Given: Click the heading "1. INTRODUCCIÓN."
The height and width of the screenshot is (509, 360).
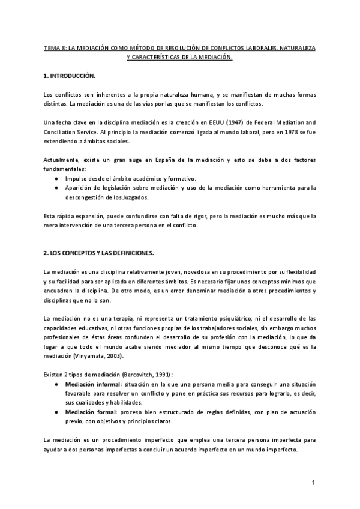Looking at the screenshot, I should pos(70,77).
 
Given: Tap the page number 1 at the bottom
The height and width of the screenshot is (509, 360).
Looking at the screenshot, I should pos(314,483).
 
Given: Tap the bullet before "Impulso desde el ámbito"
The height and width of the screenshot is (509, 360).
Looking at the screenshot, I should pos(56,179).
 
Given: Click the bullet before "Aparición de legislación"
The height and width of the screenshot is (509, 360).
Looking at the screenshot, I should pos(56,188).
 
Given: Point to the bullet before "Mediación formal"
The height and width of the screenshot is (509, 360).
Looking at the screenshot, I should pos(56,413).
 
